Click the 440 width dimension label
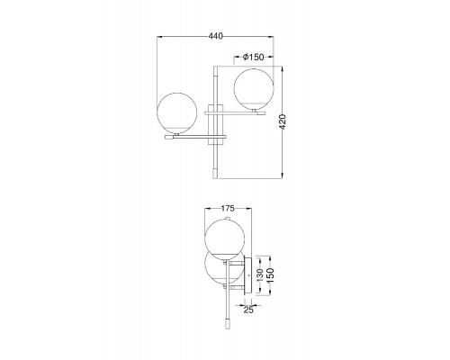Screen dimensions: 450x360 tap(216, 36)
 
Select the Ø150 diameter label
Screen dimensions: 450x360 tap(254, 57)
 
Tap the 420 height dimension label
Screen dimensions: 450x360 tap(283, 121)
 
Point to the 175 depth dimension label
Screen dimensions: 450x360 tap(228, 208)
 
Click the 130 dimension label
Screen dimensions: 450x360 tap(260, 275)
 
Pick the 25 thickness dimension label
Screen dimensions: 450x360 tap(248, 310)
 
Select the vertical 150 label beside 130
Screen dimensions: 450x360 tap(270, 275)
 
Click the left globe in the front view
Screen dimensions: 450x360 tap(177, 112)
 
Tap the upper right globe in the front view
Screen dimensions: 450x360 tap(254, 88)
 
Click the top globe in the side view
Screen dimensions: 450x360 tap(225, 239)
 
